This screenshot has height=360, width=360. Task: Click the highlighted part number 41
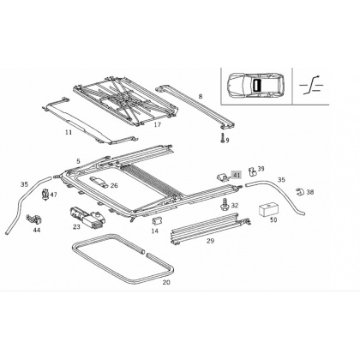click(x=237, y=175)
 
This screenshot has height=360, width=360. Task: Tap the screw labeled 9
click(x=222, y=138)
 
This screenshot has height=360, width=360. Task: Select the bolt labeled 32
click(x=225, y=204)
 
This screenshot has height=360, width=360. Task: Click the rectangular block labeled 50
click(x=268, y=209)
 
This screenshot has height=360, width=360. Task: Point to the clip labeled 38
click(x=300, y=192)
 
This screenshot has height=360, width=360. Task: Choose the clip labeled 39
click(x=252, y=171)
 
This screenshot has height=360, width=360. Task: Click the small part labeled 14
click(x=157, y=221)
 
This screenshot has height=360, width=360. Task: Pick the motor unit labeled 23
click(x=87, y=217)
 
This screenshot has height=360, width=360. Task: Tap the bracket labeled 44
click(x=34, y=219)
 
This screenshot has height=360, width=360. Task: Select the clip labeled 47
click(x=45, y=194)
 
